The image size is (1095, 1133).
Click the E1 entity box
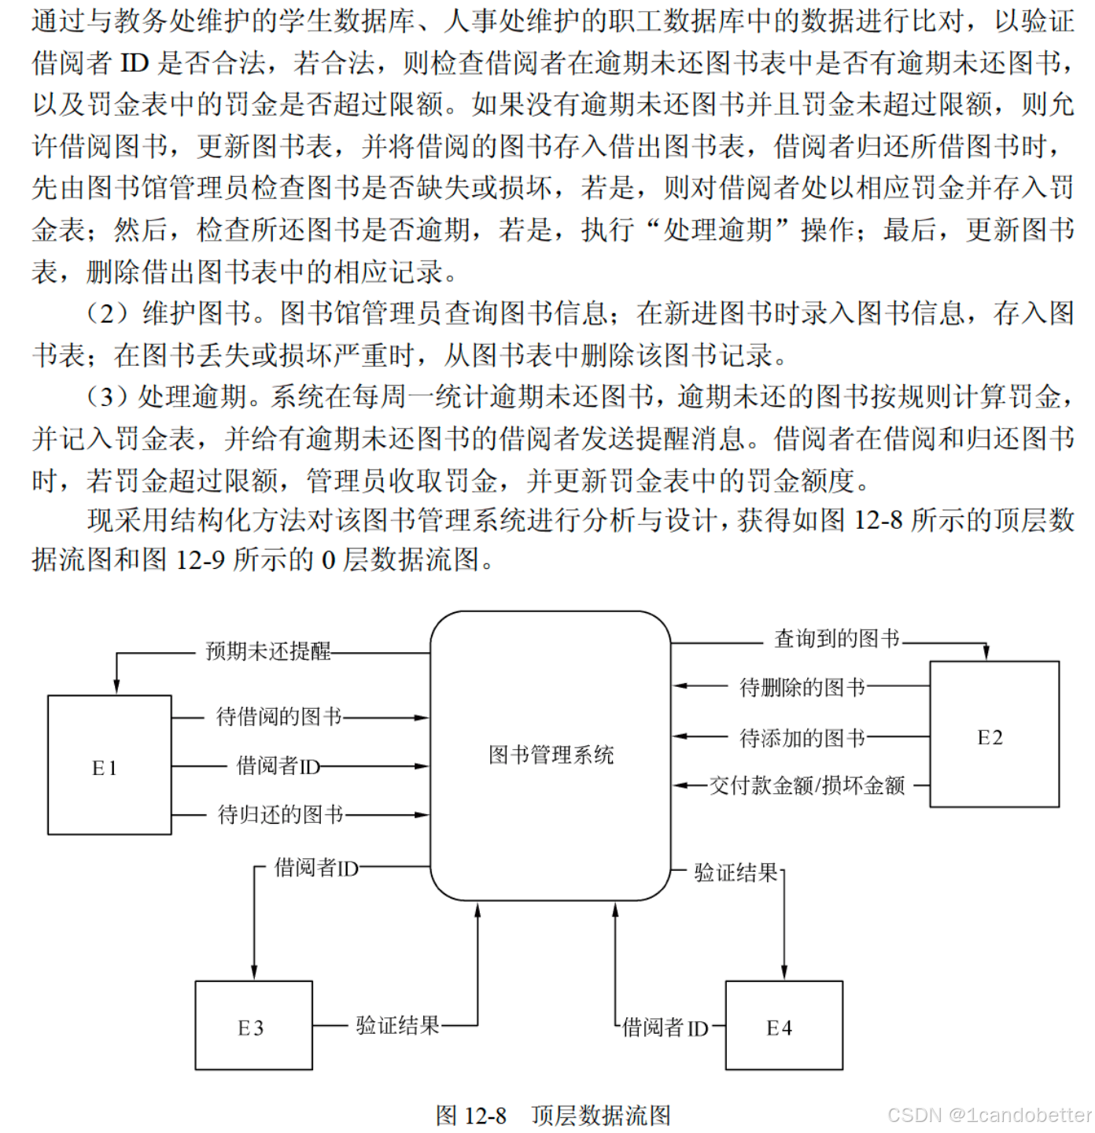click(x=109, y=765)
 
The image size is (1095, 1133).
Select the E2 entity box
click(x=994, y=734)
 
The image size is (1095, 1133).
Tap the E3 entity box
click(x=253, y=1025)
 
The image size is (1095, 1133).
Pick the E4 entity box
click(x=783, y=1025)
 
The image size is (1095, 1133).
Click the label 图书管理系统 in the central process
click(x=551, y=755)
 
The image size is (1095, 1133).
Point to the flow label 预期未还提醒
click(x=268, y=651)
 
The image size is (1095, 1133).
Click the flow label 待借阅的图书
click(x=279, y=717)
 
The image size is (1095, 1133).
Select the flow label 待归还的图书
click(x=281, y=814)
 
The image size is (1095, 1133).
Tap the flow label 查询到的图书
click(x=837, y=638)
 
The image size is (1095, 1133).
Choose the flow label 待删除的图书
click(x=802, y=688)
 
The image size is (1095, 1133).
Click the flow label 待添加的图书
click(x=802, y=738)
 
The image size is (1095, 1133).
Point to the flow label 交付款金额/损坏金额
click(x=807, y=785)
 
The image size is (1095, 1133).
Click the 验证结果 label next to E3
click(x=397, y=1025)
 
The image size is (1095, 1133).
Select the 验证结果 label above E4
click(x=736, y=873)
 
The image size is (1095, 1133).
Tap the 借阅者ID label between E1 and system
click(x=278, y=766)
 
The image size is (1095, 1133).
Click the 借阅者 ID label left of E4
click(x=665, y=1028)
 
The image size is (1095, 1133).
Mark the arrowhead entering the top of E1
click(x=116, y=687)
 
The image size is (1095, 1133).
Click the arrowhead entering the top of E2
click(x=986, y=653)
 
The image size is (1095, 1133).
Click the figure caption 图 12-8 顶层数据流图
click(x=553, y=1115)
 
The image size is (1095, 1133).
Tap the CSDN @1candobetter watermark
click(x=989, y=1115)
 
